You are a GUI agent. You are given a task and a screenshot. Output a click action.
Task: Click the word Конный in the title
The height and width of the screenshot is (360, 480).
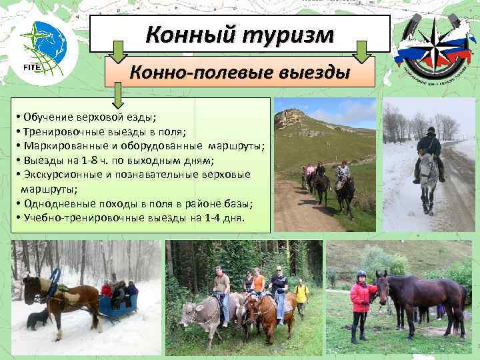[189, 34]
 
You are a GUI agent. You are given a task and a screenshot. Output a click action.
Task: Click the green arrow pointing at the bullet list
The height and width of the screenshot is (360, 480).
[118, 93]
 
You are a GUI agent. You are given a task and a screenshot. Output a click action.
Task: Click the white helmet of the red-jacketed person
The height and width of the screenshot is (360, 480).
[361, 274]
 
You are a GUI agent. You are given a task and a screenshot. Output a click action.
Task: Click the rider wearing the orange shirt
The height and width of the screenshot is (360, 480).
[258, 283]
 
